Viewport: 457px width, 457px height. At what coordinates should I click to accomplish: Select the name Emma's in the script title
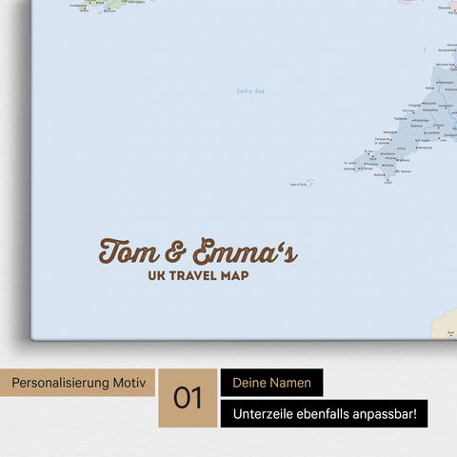pos(245,252)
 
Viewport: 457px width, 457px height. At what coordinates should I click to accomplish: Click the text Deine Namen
pos(271,383)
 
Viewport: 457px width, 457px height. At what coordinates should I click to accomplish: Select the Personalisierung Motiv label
pos(79,383)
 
